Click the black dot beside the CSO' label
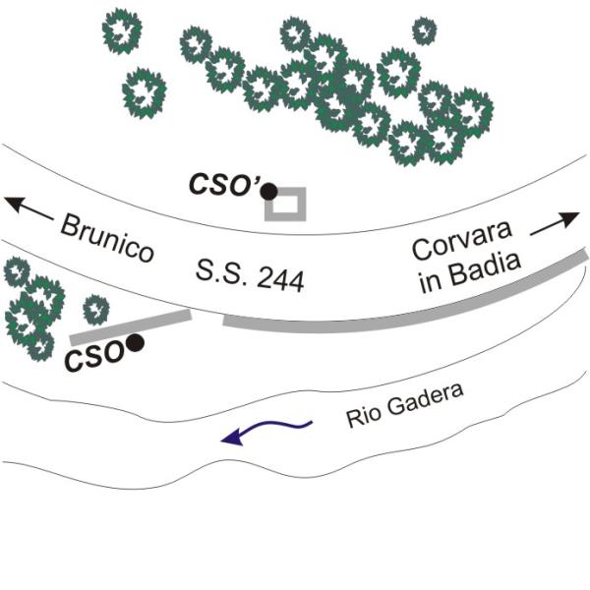[269, 192]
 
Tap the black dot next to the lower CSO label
[135, 343]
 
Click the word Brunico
[107, 237]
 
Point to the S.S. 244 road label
[250, 274]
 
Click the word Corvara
[462, 240]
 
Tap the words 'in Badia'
[470, 272]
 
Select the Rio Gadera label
[405, 405]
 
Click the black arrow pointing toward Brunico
[29, 207]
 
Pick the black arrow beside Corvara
[555, 224]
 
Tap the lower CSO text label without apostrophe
[93, 356]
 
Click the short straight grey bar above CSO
[131, 327]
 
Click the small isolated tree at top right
[425, 30]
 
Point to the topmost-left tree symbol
[122, 30]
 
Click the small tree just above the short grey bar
[96, 310]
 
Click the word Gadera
[425, 401]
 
